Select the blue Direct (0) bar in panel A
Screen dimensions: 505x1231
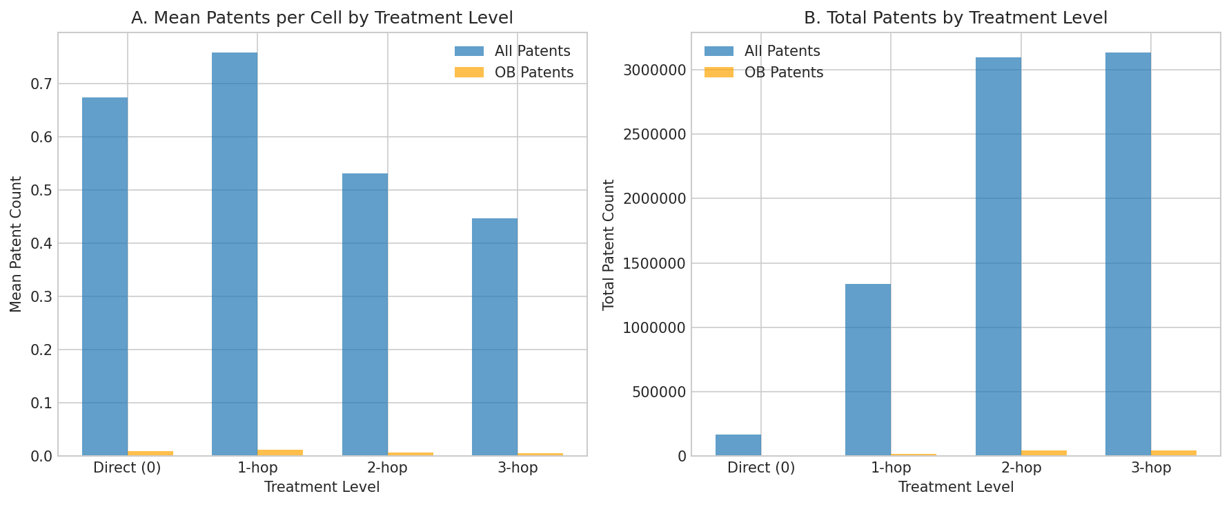click(x=105, y=276)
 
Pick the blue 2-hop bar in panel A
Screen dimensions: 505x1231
click(x=365, y=314)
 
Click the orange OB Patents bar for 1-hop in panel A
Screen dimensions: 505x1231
click(x=280, y=452)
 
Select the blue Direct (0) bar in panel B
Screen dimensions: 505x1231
click(x=738, y=445)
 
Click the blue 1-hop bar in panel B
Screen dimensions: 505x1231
click(x=868, y=370)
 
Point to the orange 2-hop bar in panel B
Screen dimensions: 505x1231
click(x=1044, y=452)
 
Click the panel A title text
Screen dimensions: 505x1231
click(x=322, y=18)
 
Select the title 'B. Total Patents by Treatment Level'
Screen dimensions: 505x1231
click(x=956, y=18)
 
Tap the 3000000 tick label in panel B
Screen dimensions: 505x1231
click(x=653, y=70)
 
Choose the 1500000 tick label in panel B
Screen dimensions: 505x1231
click(x=653, y=264)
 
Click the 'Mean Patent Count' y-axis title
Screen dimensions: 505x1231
click(x=17, y=244)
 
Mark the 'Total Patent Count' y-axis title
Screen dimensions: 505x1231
click(x=609, y=245)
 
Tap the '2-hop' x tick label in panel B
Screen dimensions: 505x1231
click(x=1021, y=468)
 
